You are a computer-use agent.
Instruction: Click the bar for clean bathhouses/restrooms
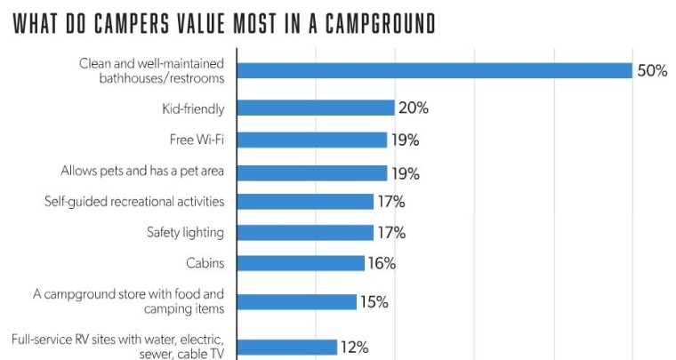coord(434,70)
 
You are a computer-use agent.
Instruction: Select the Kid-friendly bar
coord(316,108)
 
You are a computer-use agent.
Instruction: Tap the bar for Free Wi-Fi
coord(312,140)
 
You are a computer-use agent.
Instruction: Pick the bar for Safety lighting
coord(305,233)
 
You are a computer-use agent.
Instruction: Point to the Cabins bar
coord(301,263)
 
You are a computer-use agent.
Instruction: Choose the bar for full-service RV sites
coord(286,347)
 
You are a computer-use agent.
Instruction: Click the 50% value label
coord(651,70)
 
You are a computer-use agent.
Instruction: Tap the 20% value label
coord(414,108)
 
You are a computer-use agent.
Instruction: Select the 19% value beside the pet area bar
coord(406,172)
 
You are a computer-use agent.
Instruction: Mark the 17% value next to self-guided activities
coord(391,202)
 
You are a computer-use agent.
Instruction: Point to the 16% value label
coord(382,263)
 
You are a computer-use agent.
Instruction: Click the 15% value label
coord(374,301)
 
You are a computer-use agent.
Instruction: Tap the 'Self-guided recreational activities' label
coord(133,202)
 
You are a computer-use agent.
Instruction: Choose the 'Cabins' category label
coord(205,263)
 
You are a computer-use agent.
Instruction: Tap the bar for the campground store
coord(297,301)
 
